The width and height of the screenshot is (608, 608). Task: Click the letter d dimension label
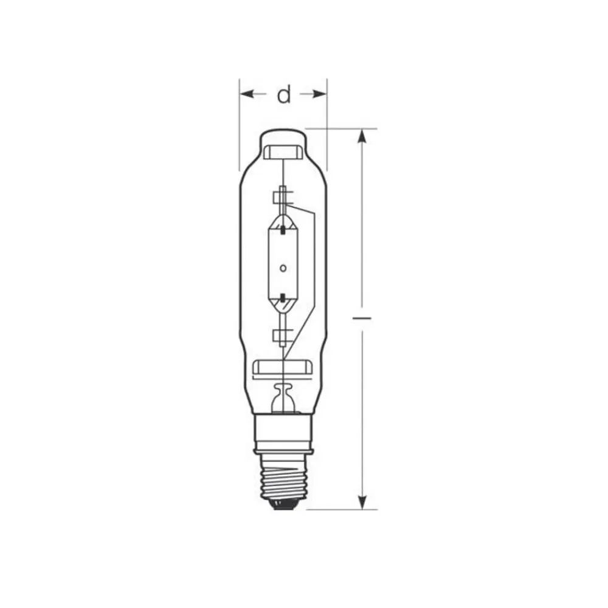point(284,95)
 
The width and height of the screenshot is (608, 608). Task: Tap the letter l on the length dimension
point(362,317)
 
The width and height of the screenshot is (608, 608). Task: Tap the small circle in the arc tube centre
point(283,268)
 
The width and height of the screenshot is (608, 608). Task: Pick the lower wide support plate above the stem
point(283,367)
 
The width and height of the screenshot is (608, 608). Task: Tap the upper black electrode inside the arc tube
point(283,229)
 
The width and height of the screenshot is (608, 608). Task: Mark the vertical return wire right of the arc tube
point(313,268)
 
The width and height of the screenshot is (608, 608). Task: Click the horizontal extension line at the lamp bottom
point(340,510)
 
